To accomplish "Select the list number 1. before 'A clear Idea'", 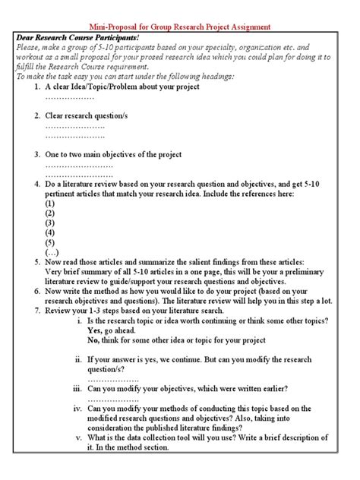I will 38,87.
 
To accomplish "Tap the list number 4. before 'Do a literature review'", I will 38,183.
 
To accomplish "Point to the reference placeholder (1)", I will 50,204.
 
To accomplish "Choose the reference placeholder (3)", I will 50,223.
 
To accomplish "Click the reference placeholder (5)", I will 50,243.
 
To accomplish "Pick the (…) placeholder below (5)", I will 51,253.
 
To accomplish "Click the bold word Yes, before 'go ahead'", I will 95,330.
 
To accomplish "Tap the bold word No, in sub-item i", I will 94,340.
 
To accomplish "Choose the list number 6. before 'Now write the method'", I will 38,291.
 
